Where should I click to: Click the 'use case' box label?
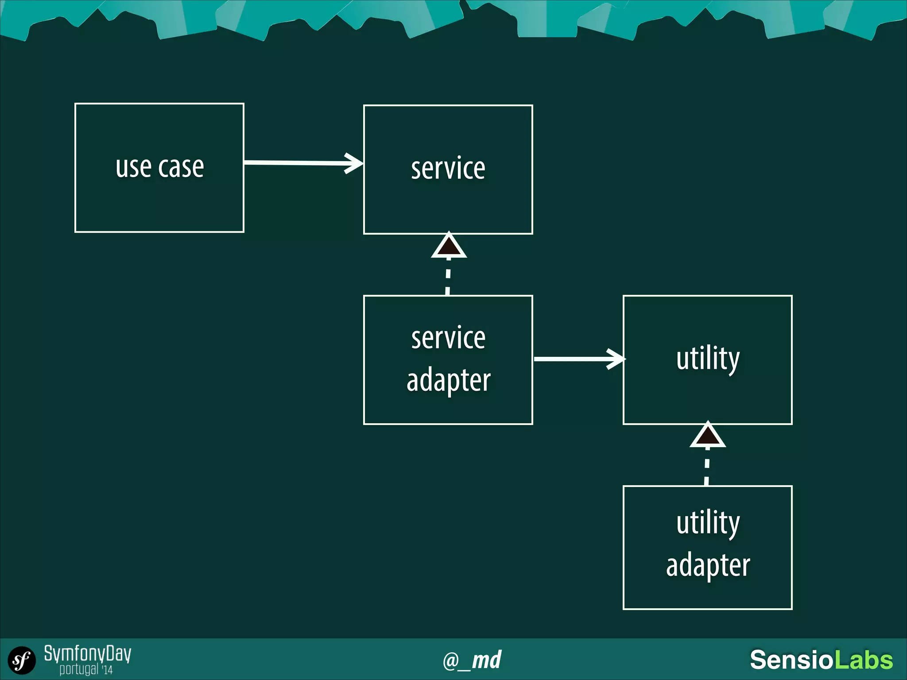coord(159,167)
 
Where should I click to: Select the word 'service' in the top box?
coord(448,169)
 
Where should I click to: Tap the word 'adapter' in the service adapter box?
coord(448,380)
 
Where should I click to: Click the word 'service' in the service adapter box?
coord(448,338)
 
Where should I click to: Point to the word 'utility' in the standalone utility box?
coord(708,359)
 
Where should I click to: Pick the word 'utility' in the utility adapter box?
coord(708,523)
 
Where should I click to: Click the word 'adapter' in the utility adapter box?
coord(708,565)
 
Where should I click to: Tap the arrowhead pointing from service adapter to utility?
coord(617,359)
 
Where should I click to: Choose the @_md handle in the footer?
coord(472,660)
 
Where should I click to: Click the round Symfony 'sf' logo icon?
coord(21,661)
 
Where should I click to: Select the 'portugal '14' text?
coord(86,669)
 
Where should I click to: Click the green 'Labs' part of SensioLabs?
coord(863,660)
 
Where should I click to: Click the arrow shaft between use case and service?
coord(295,163)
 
